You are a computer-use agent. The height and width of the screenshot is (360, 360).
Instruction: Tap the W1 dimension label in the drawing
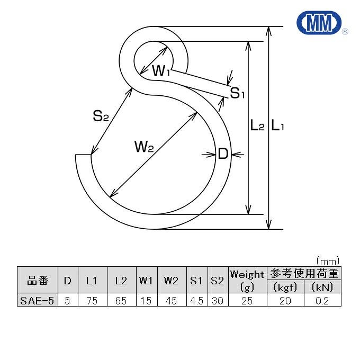point(161,71)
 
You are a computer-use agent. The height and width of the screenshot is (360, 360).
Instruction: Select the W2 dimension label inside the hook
point(143,147)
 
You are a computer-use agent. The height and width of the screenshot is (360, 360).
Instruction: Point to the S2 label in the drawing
point(101,116)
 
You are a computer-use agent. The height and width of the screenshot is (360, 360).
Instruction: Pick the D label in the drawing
point(223,155)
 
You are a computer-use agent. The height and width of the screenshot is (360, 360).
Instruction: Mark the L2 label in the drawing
point(257,126)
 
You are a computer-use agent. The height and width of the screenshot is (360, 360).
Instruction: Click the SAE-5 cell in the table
point(37,300)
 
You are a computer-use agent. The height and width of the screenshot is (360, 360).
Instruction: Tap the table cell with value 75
point(92,300)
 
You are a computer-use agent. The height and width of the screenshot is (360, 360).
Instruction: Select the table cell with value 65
point(121,300)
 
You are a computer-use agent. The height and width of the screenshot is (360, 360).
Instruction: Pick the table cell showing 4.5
point(196,300)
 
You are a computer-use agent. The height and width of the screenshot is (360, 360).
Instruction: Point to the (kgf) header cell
point(286,287)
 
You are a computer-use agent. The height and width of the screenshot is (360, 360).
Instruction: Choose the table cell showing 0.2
point(322,300)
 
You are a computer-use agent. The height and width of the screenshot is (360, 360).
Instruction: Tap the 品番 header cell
point(37,281)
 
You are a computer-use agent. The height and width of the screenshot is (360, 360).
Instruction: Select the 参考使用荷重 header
point(304,274)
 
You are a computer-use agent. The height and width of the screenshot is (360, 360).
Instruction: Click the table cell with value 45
point(170,300)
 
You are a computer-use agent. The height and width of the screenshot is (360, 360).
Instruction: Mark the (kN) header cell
point(322,287)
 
